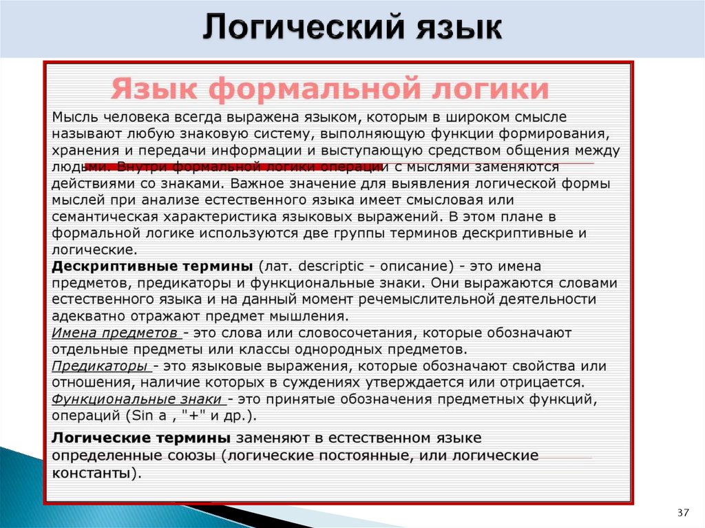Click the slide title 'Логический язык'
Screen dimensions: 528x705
click(352, 30)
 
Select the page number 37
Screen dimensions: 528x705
click(683, 513)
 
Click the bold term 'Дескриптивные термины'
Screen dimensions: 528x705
click(154, 266)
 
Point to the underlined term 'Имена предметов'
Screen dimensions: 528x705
click(116, 333)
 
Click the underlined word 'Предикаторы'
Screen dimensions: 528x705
click(100, 366)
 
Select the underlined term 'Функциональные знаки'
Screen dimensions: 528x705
click(137, 399)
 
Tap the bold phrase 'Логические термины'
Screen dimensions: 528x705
click(142, 439)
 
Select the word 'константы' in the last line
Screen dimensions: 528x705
click(94, 473)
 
